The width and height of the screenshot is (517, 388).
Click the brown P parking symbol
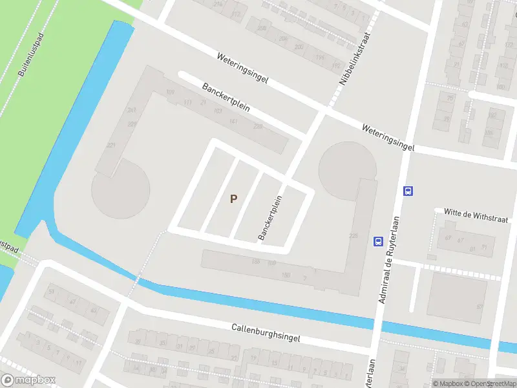point(233,199)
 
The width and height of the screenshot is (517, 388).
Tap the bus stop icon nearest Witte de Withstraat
point(408,191)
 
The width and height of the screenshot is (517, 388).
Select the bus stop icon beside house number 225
point(377,241)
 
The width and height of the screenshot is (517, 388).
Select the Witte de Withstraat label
point(476,215)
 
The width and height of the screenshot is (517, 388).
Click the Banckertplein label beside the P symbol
point(271,218)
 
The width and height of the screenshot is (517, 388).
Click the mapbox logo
point(28,380)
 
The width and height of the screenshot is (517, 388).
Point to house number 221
point(111,145)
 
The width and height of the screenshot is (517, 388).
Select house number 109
point(170,93)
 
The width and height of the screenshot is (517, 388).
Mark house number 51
point(51,292)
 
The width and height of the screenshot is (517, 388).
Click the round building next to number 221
point(121,189)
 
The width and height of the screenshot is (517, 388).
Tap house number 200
point(299,47)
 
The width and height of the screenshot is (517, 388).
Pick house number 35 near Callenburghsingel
point(162,343)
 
